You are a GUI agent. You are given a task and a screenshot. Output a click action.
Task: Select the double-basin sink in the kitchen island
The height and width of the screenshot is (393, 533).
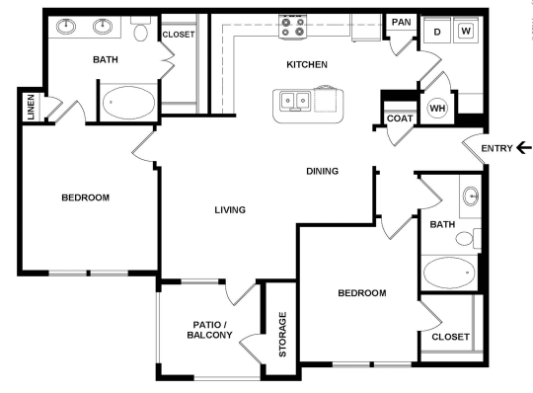click(x=293, y=100)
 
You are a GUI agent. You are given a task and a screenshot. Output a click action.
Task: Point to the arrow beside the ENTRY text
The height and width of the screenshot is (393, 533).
click(x=522, y=149)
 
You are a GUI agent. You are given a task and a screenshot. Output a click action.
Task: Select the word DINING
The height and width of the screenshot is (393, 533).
click(x=322, y=171)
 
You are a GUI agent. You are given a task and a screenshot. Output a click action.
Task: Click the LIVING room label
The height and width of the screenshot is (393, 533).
click(x=229, y=209)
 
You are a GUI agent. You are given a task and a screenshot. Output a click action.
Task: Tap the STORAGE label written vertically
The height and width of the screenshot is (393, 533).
click(x=282, y=335)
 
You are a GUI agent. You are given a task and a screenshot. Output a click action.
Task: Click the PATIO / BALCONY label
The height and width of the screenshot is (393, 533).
click(x=209, y=329)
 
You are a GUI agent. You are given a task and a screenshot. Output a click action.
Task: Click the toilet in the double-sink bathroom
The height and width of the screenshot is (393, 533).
click(x=141, y=32)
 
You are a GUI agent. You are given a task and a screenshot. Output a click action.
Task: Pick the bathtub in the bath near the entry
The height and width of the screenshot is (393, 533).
click(x=449, y=272)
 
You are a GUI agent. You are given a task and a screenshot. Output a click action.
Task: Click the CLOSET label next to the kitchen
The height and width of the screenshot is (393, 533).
click(x=179, y=35)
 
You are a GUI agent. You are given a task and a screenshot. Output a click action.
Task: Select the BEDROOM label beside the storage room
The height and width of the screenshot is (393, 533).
click(x=361, y=293)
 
